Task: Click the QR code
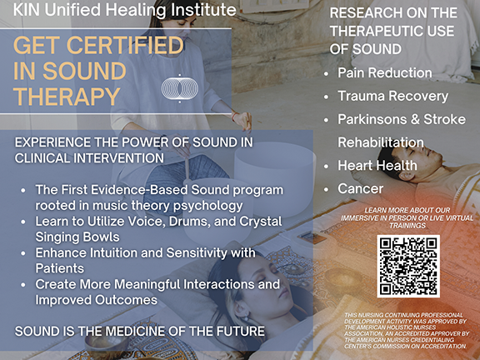(x=408, y=267)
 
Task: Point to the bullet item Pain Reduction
(x=384, y=73)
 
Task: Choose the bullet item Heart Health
(x=377, y=166)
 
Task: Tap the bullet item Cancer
(x=361, y=189)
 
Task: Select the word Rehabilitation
(x=381, y=142)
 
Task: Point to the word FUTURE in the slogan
(x=238, y=332)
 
